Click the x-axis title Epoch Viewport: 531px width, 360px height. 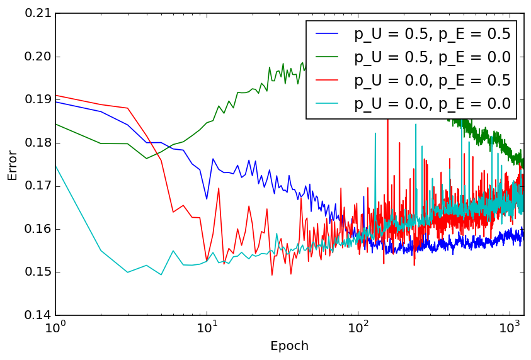(x=289, y=346)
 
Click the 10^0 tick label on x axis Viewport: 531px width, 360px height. (x=55, y=329)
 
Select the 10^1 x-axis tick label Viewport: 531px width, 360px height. (x=207, y=329)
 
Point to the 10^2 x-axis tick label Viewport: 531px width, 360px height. (x=358, y=329)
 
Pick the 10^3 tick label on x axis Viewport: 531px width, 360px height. (x=509, y=329)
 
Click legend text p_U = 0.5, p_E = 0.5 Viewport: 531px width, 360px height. (x=432, y=34)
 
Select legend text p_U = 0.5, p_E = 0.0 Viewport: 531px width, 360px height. (x=432, y=57)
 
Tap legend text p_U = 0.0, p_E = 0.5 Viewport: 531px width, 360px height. (x=432, y=81)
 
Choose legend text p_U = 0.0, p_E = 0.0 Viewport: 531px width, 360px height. (x=432, y=104)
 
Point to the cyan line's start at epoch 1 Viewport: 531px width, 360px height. (x=55, y=166)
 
